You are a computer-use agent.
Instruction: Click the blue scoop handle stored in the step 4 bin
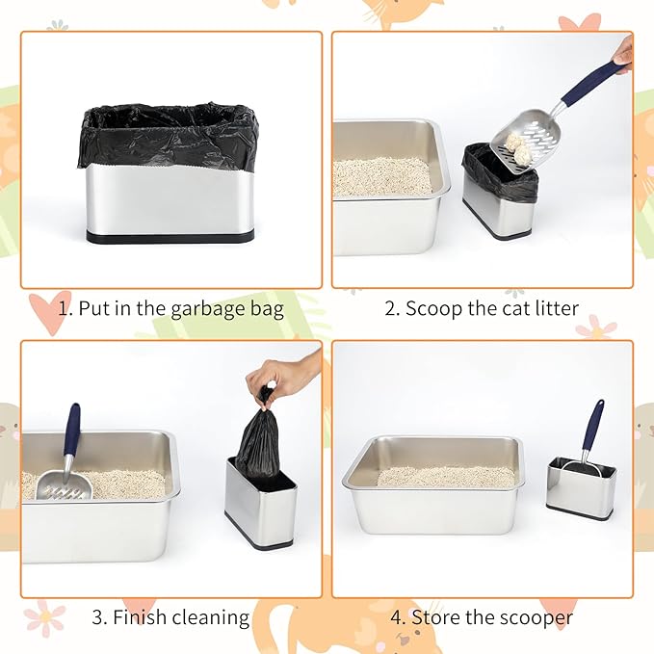pos(593,424)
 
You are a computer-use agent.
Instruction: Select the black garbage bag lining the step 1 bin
pos(169,135)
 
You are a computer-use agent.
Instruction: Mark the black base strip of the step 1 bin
pos(170,236)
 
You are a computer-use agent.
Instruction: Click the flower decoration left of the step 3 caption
pos(44,617)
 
